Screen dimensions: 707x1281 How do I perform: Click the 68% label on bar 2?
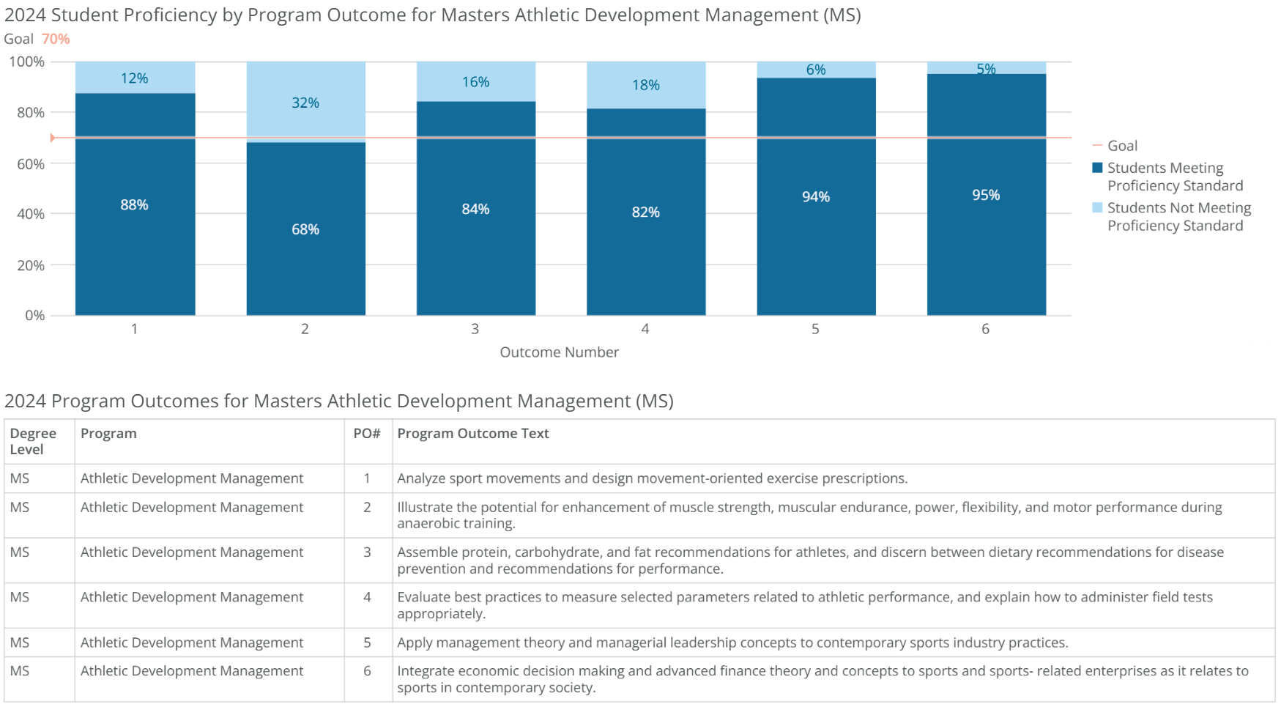(x=305, y=229)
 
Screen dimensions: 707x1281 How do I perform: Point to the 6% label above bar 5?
(x=816, y=70)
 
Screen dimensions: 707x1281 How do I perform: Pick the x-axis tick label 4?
(x=645, y=329)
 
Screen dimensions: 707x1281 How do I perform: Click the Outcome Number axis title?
(x=559, y=352)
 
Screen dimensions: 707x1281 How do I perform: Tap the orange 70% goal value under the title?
(x=56, y=39)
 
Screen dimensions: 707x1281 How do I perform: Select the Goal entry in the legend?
(x=1122, y=146)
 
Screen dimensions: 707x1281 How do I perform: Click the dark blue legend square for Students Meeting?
(x=1097, y=168)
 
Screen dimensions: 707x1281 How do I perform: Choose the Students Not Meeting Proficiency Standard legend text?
(x=1178, y=217)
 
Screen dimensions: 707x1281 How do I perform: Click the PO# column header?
(x=367, y=434)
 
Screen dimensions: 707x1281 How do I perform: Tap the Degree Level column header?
(x=33, y=441)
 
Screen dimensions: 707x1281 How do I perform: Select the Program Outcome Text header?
(x=473, y=434)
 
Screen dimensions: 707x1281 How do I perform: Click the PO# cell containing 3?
(x=367, y=552)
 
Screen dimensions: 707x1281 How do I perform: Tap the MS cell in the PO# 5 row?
(x=20, y=643)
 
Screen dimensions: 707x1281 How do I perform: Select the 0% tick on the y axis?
(x=34, y=316)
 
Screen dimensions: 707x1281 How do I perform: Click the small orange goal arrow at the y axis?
(x=53, y=138)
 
